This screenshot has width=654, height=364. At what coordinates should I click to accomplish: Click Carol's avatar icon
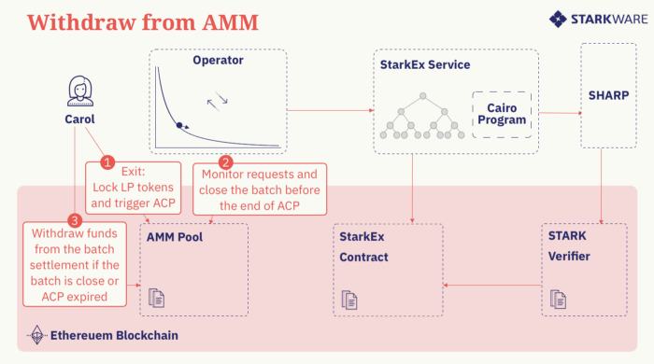pos(79,91)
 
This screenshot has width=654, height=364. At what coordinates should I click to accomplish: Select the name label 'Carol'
pos(79,119)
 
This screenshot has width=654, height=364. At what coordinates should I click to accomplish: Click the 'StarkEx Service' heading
pos(425,65)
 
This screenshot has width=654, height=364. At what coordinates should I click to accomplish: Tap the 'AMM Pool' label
pos(175,237)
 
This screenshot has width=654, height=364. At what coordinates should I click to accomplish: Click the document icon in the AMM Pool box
pos(156,298)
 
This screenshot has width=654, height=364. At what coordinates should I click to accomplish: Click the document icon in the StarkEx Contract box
pos(350,299)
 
